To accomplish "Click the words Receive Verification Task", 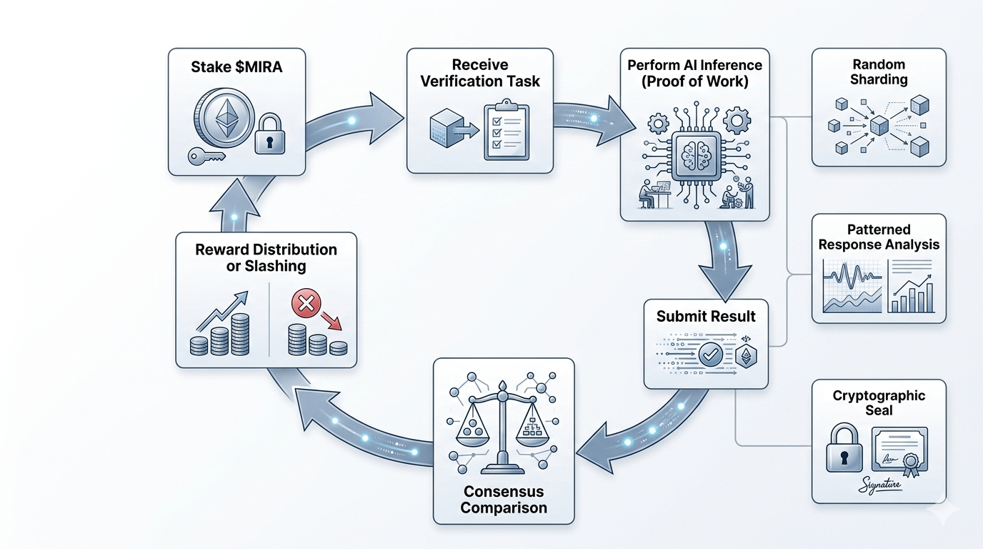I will coord(480,73).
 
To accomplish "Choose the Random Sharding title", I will coord(879,72).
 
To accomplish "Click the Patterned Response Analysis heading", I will coord(879,237).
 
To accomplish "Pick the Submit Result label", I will coord(706,316).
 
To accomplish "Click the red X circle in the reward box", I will coord(305,306).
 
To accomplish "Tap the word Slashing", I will coord(266,266).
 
